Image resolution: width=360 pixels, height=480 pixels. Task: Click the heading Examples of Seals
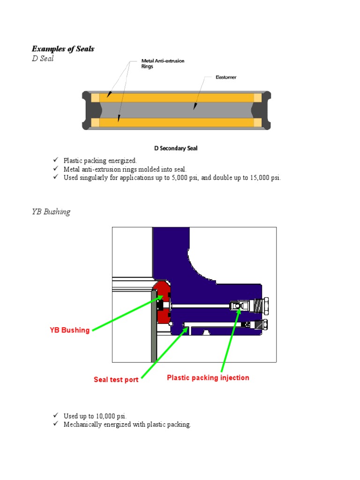pos(63,49)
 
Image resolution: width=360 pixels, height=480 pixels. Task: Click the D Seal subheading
pos(43,59)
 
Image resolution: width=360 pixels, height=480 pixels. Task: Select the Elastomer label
pos(226,77)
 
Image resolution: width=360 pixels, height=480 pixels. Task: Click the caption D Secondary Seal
pos(176,148)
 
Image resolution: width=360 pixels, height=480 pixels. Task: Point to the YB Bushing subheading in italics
pos(51,211)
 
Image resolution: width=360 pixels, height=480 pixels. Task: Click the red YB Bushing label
pos(69,330)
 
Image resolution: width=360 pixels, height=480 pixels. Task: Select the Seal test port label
pos(116,380)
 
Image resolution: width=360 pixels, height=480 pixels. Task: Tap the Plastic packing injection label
pos(208,378)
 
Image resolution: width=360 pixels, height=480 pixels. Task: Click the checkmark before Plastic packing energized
pos(55,160)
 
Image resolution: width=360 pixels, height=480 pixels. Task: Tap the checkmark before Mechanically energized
pos(55,424)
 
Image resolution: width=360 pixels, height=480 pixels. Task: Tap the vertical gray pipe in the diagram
pos(154,328)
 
